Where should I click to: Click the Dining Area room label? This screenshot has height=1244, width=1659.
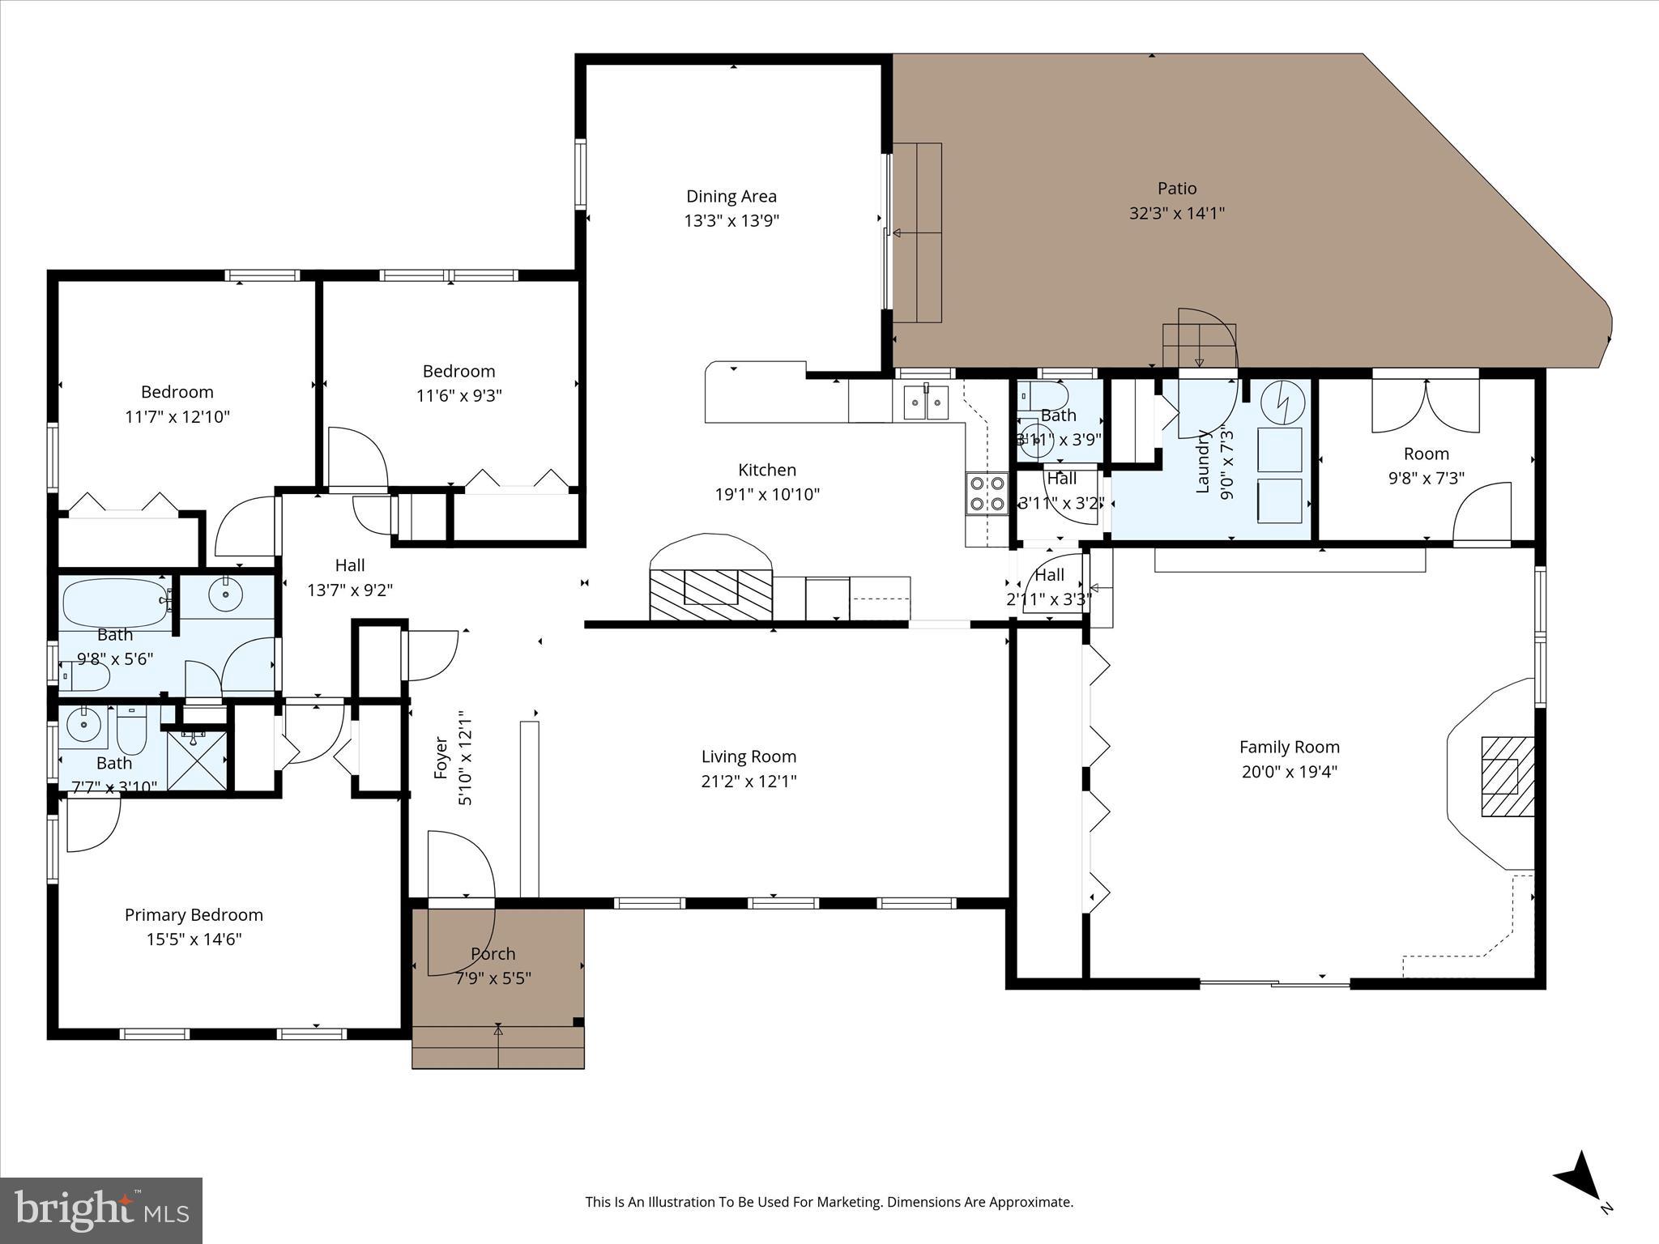pyautogui.click(x=731, y=196)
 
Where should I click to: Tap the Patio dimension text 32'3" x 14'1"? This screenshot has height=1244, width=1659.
pyautogui.click(x=1176, y=213)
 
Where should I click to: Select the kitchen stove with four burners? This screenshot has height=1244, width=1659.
pyautogui.click(x=986, y=493)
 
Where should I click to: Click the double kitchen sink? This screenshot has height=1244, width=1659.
pyautogui.click(x=926, y=403)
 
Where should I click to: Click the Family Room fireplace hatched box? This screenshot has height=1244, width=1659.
pyautogui.click(x=1508, y=777)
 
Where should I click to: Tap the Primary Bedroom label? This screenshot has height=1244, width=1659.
pyautogui.click(x=194, y=914)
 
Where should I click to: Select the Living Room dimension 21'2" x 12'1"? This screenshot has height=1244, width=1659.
pyautogui.click(x=748, y=781)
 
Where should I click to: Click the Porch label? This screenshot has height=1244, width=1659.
pyautogui.click(x=493, y=953)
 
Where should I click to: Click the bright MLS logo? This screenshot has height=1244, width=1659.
pyautogui.click(x=101, y=1210)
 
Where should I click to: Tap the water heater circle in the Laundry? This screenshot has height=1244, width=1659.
pyautogui.click(x=1282, y=401)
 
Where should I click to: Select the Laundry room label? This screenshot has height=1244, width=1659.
pyautogui.click(x=1202, y=462)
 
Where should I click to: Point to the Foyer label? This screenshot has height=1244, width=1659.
pyautogui.click(x=441, y=757)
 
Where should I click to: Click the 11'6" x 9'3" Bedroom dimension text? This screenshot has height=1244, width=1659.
pyautogui.click(x=458, y=395)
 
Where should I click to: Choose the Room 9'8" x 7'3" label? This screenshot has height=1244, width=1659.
pyautogui.click(x=1426, y=454)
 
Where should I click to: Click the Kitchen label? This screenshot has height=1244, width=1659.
pyautogui.click(x=766, y=470)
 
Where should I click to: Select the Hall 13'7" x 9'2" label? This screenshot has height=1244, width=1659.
pyautogui.click(x=350, y=565)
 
